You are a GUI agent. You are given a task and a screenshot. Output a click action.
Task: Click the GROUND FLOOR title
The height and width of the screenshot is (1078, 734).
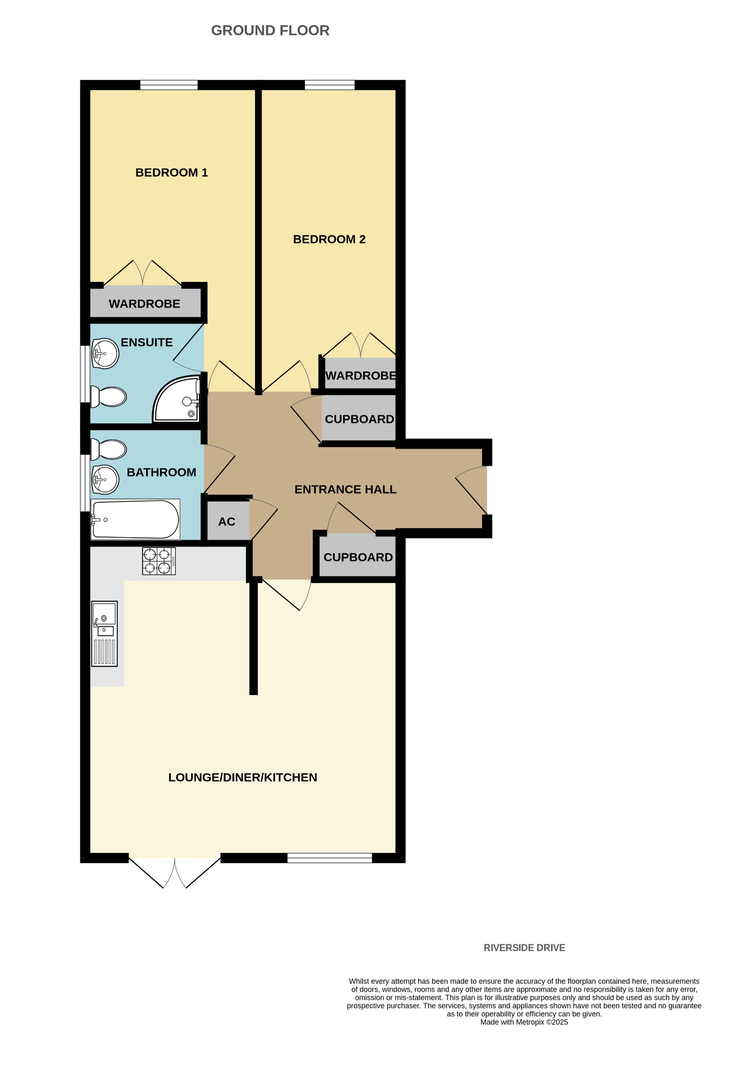click(270, 31)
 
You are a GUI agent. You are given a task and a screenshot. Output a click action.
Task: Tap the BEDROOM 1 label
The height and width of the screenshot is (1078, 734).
click(171, 172)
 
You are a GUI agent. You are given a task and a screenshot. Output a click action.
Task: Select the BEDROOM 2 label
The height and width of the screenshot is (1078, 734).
click(329, 240)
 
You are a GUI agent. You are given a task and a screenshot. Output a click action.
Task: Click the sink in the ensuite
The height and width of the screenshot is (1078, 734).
click(105, 353)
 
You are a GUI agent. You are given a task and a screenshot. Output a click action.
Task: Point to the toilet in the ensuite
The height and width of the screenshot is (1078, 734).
click(109, 397)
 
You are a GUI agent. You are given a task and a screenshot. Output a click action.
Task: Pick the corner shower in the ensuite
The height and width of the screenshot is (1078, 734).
click(176, 400)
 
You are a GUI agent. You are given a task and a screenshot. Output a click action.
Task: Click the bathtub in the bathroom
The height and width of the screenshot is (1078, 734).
click(135, 519)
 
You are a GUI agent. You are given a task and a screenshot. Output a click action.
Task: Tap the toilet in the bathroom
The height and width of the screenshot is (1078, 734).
click(109, 449)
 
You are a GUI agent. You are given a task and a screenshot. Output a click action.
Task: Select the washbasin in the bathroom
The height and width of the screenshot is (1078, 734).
click(105, 480)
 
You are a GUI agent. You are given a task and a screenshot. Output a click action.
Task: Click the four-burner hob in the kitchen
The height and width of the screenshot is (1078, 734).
click(159, 561)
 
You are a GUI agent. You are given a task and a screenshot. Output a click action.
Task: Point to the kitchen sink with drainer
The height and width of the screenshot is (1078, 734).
click(104, 634)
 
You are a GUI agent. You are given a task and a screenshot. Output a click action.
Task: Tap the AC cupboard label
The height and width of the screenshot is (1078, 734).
click(226, 522)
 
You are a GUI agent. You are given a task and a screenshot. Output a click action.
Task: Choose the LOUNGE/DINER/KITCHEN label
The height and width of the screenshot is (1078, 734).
click(242, 777)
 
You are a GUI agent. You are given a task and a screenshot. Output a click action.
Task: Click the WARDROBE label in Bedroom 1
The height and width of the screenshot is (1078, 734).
click(144, 304)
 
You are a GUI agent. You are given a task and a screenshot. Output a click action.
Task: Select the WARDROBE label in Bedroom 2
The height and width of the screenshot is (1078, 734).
click(360, 376)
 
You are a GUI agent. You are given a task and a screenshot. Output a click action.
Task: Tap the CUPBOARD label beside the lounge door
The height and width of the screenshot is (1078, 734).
click(358, 557)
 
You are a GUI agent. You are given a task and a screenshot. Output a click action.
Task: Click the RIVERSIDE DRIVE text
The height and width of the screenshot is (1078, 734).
click(524, 948)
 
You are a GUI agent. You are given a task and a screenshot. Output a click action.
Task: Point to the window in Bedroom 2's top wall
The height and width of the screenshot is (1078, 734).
click(330, 85)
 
